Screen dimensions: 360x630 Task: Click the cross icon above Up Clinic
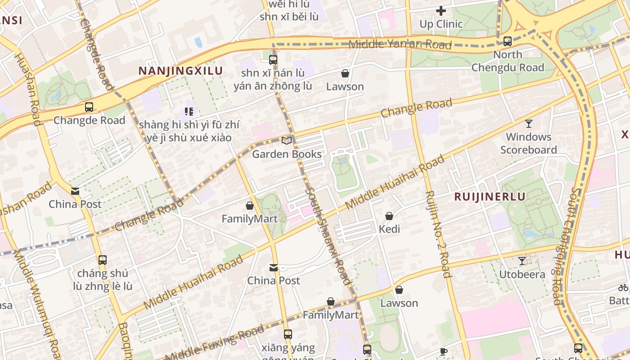[441, 10]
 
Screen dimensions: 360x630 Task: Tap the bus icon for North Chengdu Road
[508, 41]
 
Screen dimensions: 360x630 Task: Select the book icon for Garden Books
[287, 140]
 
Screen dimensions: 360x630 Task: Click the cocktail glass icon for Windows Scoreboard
[529, 123]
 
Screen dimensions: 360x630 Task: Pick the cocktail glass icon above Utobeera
[522, 261]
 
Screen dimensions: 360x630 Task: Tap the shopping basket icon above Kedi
[389, 216]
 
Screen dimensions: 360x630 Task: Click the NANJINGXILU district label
[180, 71]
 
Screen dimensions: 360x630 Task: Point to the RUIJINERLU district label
[490, 197]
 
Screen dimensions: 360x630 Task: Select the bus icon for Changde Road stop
[89, 107]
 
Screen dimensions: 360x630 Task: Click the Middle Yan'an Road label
[400, 44]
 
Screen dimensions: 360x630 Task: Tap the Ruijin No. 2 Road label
[437, 234]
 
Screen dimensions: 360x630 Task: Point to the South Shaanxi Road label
[328, 236]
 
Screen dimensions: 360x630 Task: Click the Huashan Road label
[28, 90]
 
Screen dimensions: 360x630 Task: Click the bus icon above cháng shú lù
[103, 260]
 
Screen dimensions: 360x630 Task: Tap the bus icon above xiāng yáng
[288, 334]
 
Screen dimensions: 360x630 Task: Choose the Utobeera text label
[522, 274]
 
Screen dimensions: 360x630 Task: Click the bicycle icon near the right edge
[623, 288]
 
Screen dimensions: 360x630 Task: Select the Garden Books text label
[287, 154]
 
